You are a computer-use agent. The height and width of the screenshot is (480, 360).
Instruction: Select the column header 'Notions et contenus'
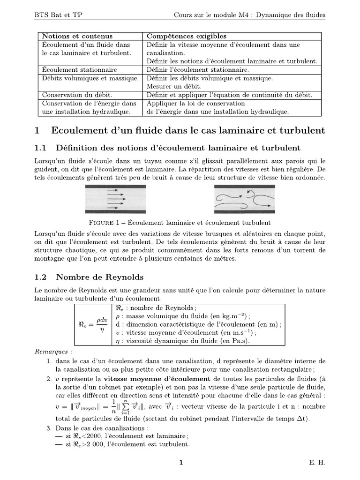click(x=72, y=36)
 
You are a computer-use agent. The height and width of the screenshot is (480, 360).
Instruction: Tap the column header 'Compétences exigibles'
click(x=187, y=36)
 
